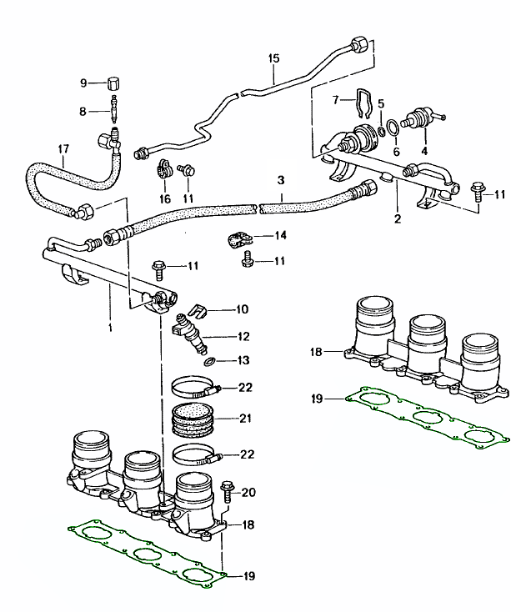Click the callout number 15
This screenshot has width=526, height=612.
pos(274,59)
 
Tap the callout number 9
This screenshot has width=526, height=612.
pos(83,83)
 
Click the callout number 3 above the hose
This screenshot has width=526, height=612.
pos(281,180)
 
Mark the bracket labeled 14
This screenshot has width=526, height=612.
pos(239,241)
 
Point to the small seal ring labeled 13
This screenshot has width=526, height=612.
pos(212,360)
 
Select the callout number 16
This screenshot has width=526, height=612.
pos(164,198)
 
